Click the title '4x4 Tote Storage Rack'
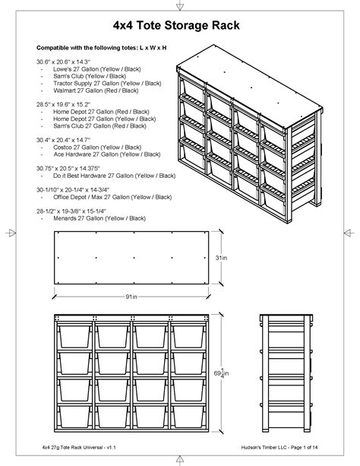(x=176, y=25)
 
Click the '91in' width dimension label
(x=131, y=296)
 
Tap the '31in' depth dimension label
(x=221, y=258)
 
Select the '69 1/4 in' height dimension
(x=221, y=373)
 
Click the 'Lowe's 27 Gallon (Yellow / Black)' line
(x=96, y=69)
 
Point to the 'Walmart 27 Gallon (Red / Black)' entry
(x=96, y=90)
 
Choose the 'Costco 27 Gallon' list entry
(x=97, y=147)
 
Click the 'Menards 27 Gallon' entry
(x=99, y=218)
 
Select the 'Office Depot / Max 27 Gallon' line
(x=112, y=197)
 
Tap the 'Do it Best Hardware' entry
(x=115, y=176)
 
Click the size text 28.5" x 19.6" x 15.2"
(x=63, y=105)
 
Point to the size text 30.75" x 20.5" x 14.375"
(x=68, y=169)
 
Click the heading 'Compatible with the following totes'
(x=101, y=48)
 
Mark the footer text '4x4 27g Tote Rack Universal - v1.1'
(x=79, y=447)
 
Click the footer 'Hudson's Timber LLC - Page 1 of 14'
(x=279, y=447)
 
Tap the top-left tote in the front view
(x=74, y=336)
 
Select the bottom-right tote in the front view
(x=188, y=416)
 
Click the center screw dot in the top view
(x=134, y=258)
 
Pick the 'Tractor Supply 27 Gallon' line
(x=107, y=84)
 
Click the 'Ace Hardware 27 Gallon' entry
(x=107, y=154)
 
